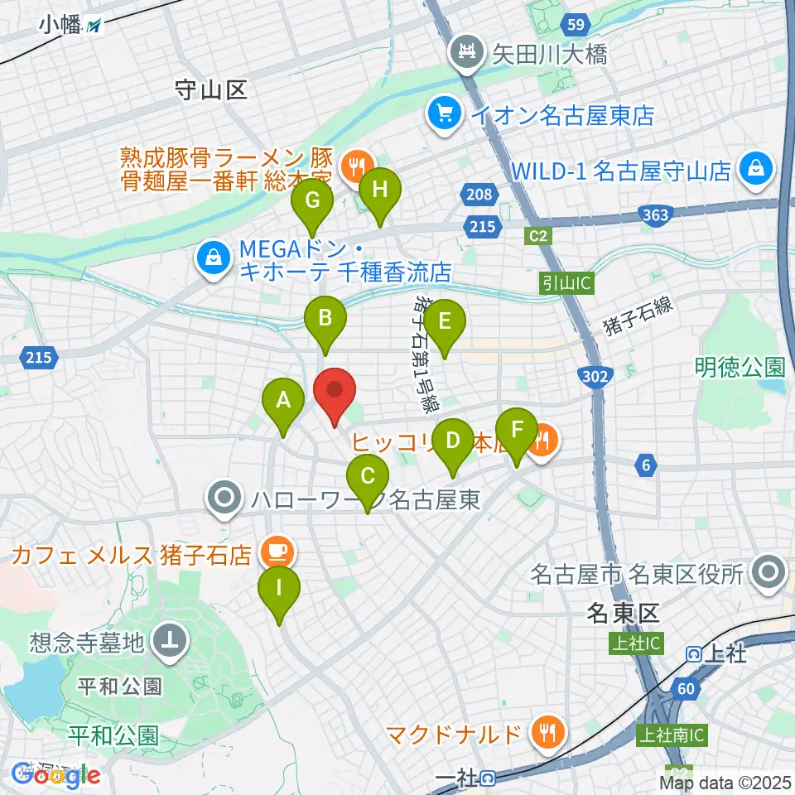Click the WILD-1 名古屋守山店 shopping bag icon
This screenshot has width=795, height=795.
(x=757, y=169)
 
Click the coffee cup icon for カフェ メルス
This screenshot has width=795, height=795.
(x=274, y=552)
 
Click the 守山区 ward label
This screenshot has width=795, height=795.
(x=212, y=89)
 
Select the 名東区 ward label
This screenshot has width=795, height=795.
(x=622, y=614)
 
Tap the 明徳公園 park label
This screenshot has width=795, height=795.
(x=740, y=365)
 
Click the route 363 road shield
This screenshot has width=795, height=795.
(x=655, y=216)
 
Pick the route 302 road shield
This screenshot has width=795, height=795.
(x=596, y=376)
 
